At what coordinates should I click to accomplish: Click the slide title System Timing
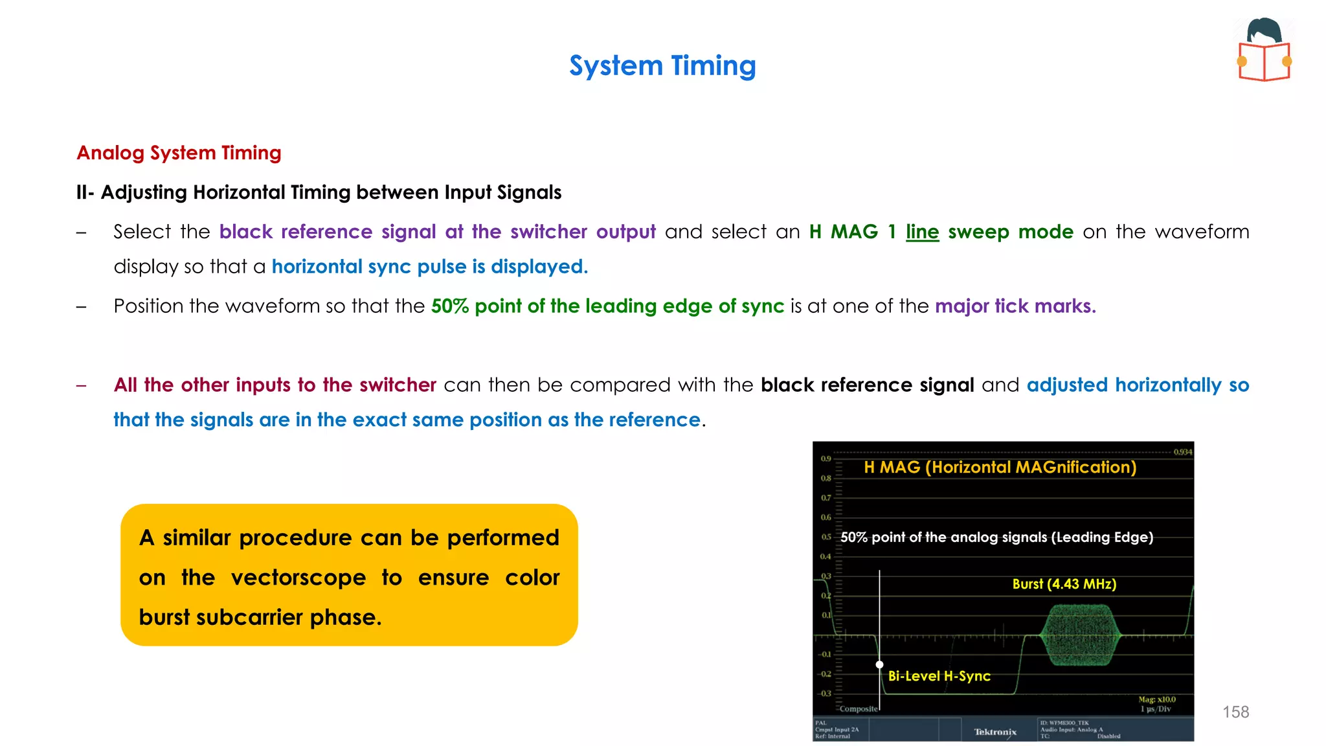click(662, 66)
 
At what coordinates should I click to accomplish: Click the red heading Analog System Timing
click(179, 153)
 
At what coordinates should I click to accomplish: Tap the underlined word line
click(922, 232)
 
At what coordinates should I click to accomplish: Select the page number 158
click(1235, 712)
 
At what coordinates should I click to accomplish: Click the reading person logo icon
click(1264, 51)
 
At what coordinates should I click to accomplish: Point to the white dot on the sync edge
click(879, 664)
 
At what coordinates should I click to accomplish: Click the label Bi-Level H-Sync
click(939, 676)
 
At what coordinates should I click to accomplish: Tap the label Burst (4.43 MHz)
click(1064, 584)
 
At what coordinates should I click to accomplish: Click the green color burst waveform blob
click(1080, 635)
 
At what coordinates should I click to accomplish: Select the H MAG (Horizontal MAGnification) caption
click(1000, 468)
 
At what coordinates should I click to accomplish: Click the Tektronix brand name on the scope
click(995, 732)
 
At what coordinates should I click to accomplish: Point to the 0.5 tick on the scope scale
click(826, 537)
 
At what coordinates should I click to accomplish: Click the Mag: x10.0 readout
click(1157, 699)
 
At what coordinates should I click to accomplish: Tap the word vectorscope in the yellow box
click(298, 578)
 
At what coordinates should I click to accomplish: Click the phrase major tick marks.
click(1015, 306)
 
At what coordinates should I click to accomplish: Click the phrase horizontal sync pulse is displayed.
click(429, 267)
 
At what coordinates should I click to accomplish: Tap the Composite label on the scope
click(859, 709)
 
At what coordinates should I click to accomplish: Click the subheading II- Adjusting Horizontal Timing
click(319, 192)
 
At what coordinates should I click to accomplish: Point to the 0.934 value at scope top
click(1182, 452)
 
